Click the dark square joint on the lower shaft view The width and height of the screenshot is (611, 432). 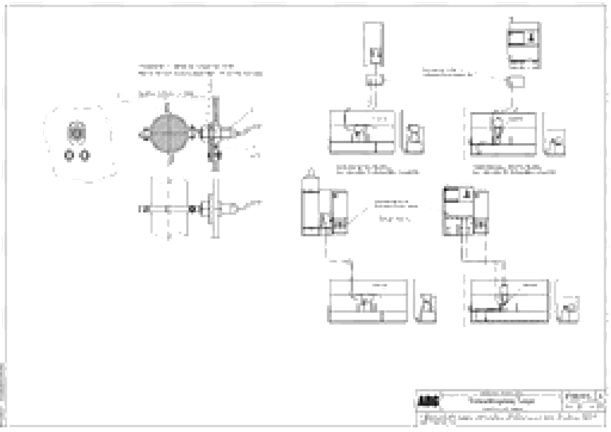tap(192, 209)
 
